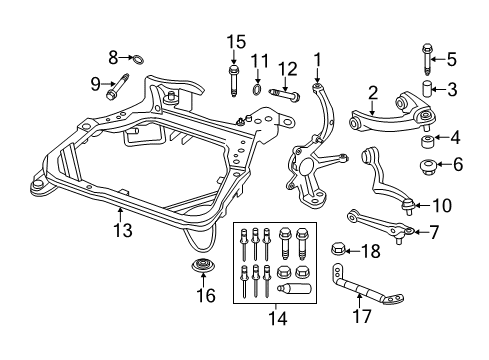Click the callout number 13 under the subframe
click(x=123, y=230)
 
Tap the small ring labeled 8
click(x=139, y=60)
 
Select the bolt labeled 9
click(x=117, y=87)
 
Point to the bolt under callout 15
click(x=233, y=81)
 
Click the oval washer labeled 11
click(x=257, y=89)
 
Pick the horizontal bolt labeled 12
click(x=284, y=94)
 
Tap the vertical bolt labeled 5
click(x=427, y=59)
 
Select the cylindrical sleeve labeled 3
click(x=427, y=89)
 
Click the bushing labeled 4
click(x=427, y=141)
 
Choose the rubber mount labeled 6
click(x=428, y=167)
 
